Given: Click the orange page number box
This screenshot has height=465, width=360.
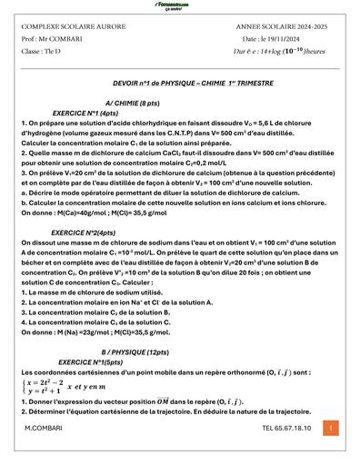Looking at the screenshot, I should click(330, 427).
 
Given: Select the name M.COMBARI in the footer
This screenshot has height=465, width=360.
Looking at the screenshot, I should click(43, 428).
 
